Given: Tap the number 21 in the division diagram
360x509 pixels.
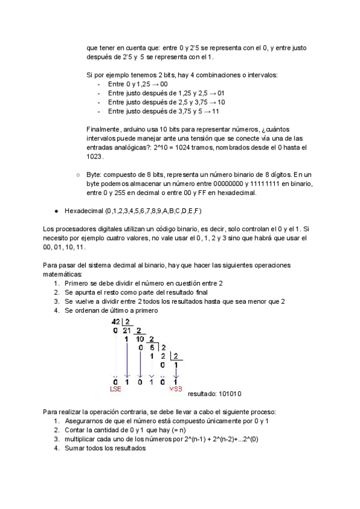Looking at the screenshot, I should tap(127, 331).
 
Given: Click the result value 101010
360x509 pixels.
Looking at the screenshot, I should tap(229, 394).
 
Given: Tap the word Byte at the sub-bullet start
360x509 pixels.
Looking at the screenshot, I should tap(94, 174).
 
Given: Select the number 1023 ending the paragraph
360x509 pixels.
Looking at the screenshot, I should tap(95, 157).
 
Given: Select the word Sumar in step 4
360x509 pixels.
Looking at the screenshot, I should tap(75, 448).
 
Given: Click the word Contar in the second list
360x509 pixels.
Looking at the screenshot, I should tap(76, 430).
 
